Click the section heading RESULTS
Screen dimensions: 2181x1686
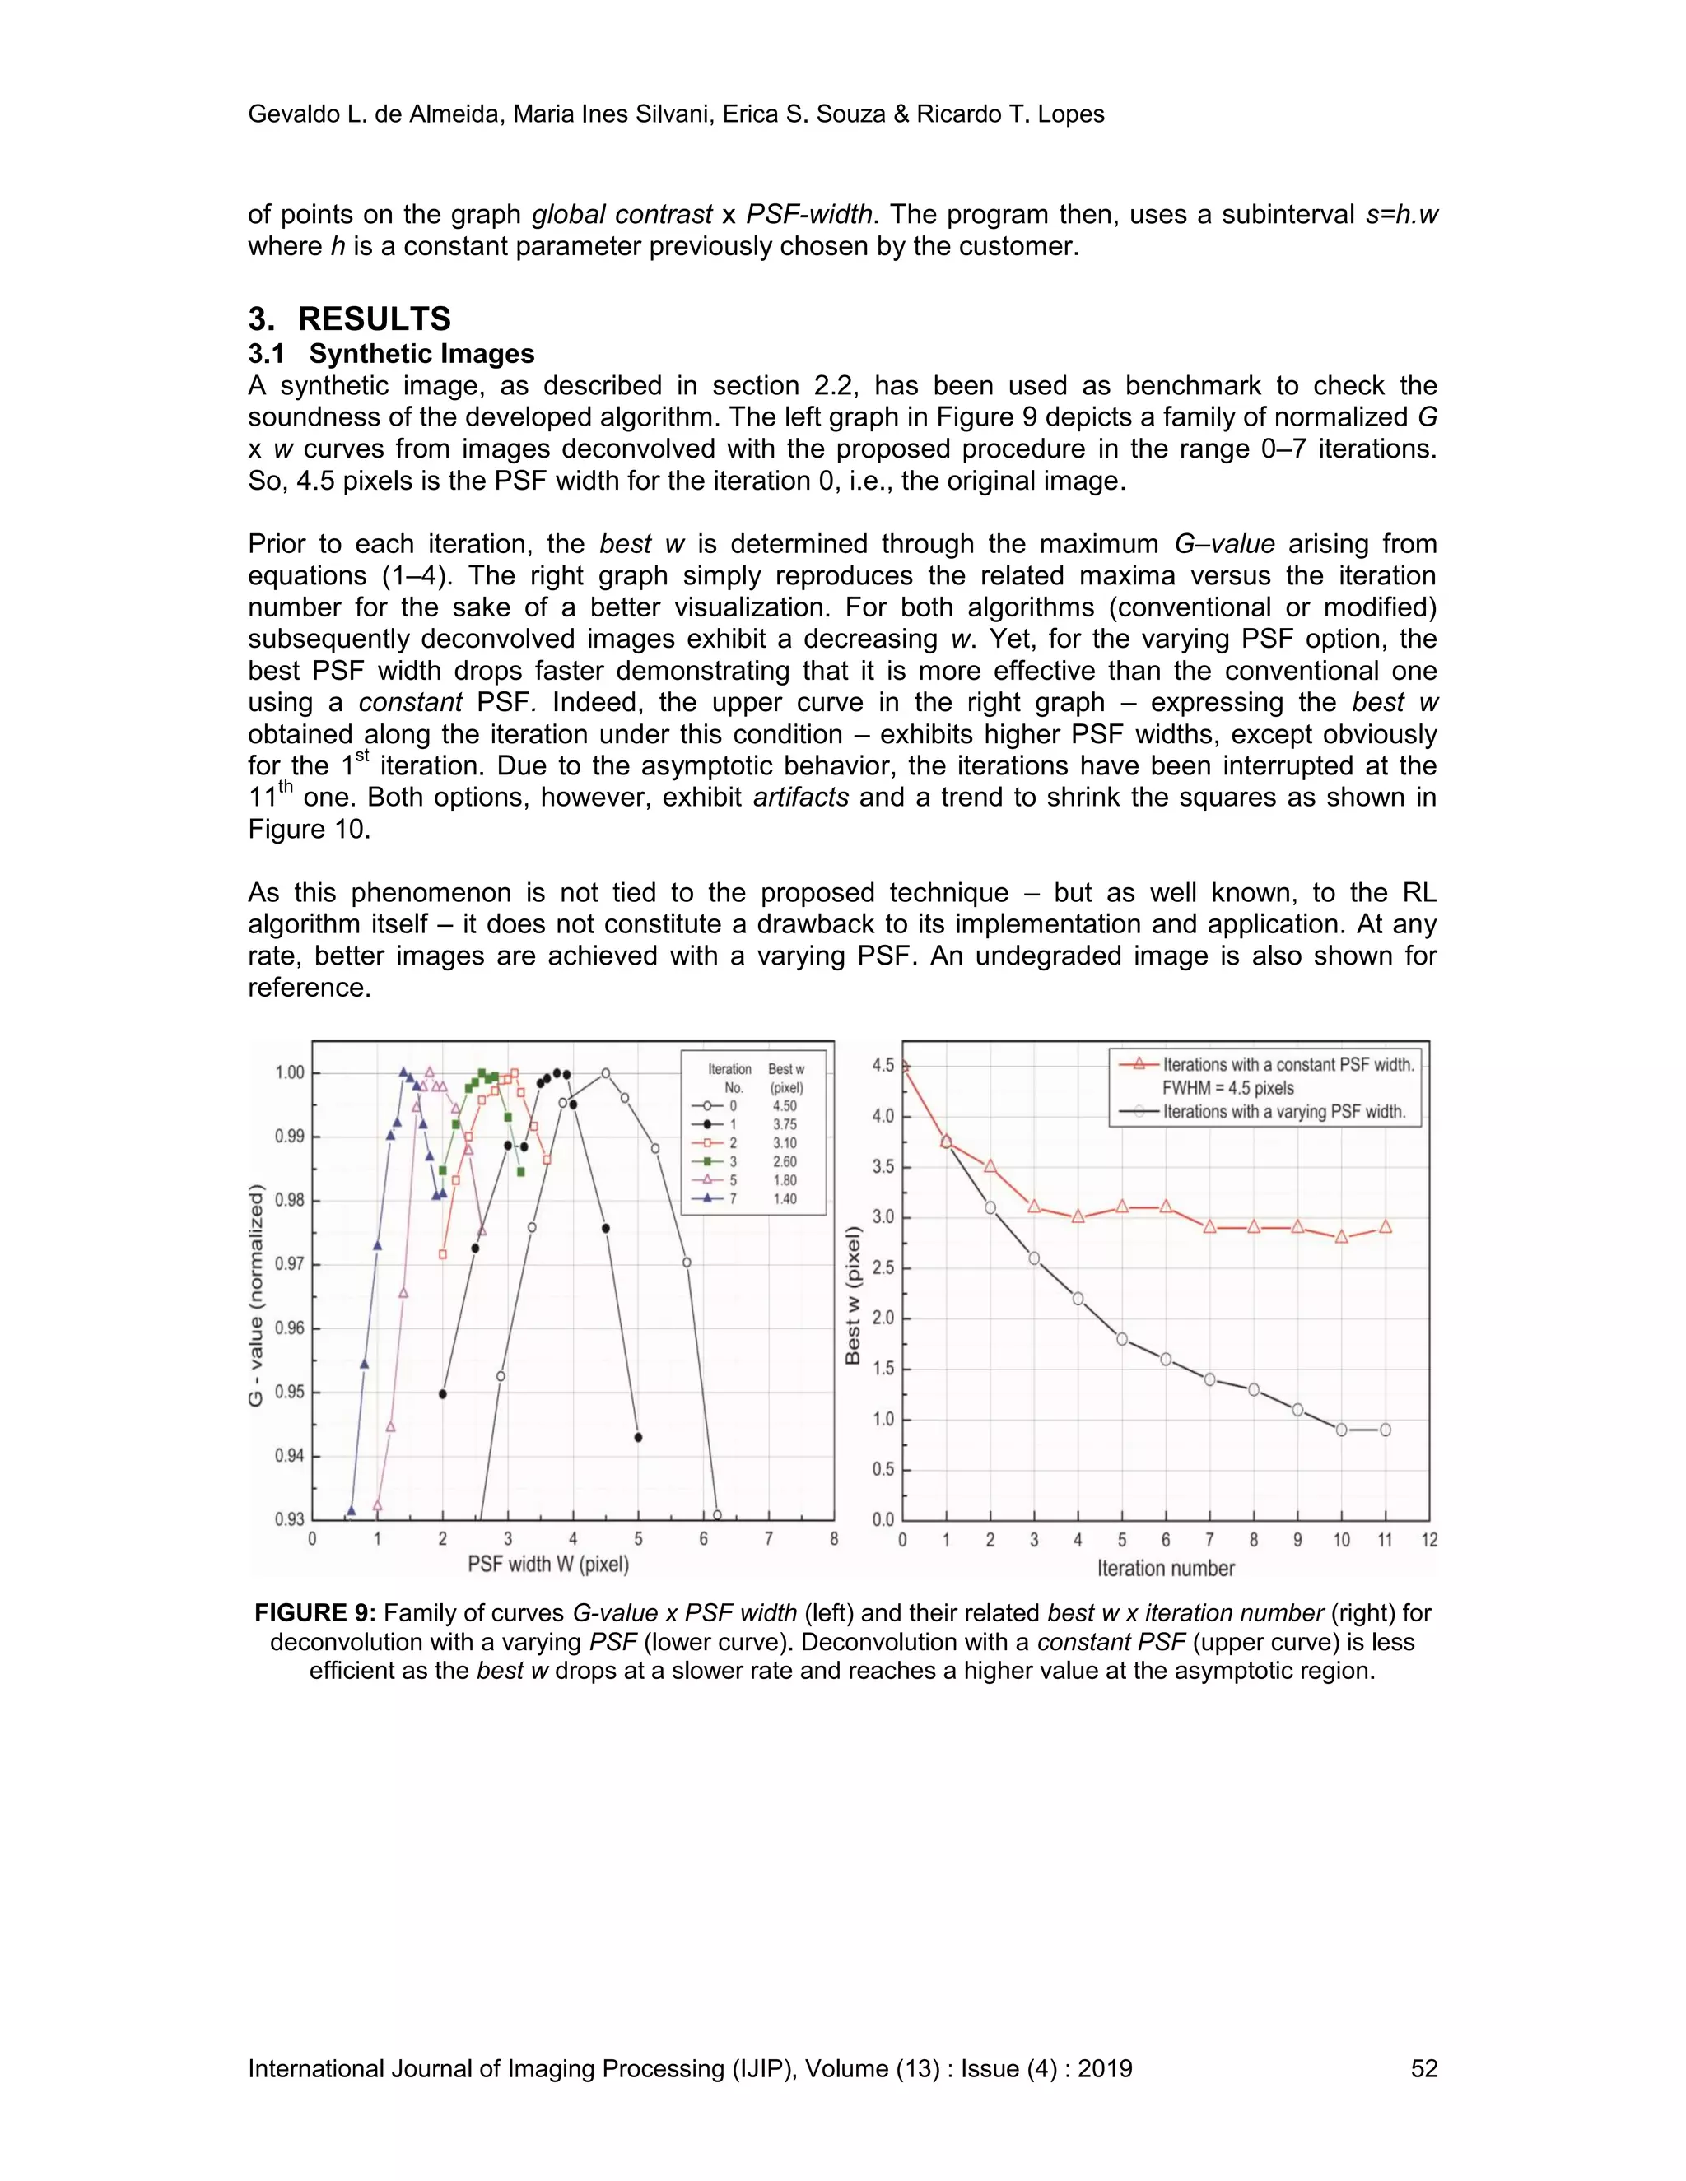[x=374, y=319]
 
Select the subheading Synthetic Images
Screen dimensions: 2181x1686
[x=421, y=354]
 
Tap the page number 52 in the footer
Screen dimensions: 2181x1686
[x=1423, y=2067]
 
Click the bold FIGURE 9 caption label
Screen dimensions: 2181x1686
[x=314, y=1613]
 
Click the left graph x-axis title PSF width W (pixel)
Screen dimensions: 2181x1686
[x=548, y=1564]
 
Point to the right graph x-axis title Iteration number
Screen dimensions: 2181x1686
[x=1166, y=1568]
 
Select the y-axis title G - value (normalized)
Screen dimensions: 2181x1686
[x=257, y=1295]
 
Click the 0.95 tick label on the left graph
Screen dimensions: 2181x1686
[x=290, y=1392]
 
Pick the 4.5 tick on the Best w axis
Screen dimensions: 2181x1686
[x=883, y=1066]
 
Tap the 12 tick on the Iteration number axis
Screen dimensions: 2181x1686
[x=1428, y=1540]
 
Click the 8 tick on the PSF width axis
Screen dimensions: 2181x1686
[x=833, y=1539]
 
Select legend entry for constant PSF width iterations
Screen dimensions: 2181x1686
[x=1288, y=1064]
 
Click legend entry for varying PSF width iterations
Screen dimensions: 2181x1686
[x=1283, y=1111]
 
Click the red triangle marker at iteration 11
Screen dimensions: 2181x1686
[x=1386, y=1226]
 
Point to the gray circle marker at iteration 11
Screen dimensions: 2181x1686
[x=1386, y=1430]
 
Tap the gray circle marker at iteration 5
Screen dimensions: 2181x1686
[x=1122, y=1339]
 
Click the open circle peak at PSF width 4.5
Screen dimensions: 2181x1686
[x=605, y=1073]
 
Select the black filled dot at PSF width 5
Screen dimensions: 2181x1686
[x=638, y=1438]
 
